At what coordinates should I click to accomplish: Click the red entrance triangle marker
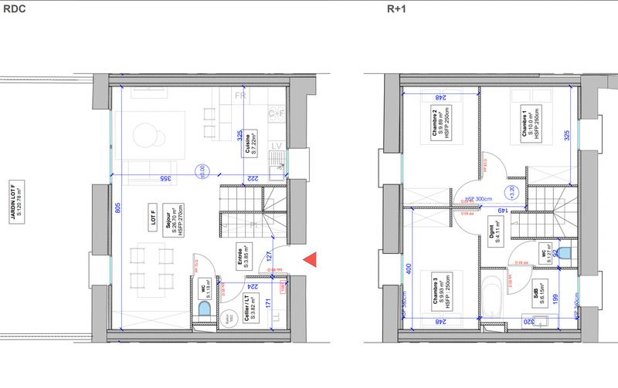311,261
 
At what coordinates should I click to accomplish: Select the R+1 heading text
398,9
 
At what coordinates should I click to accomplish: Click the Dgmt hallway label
494,231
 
